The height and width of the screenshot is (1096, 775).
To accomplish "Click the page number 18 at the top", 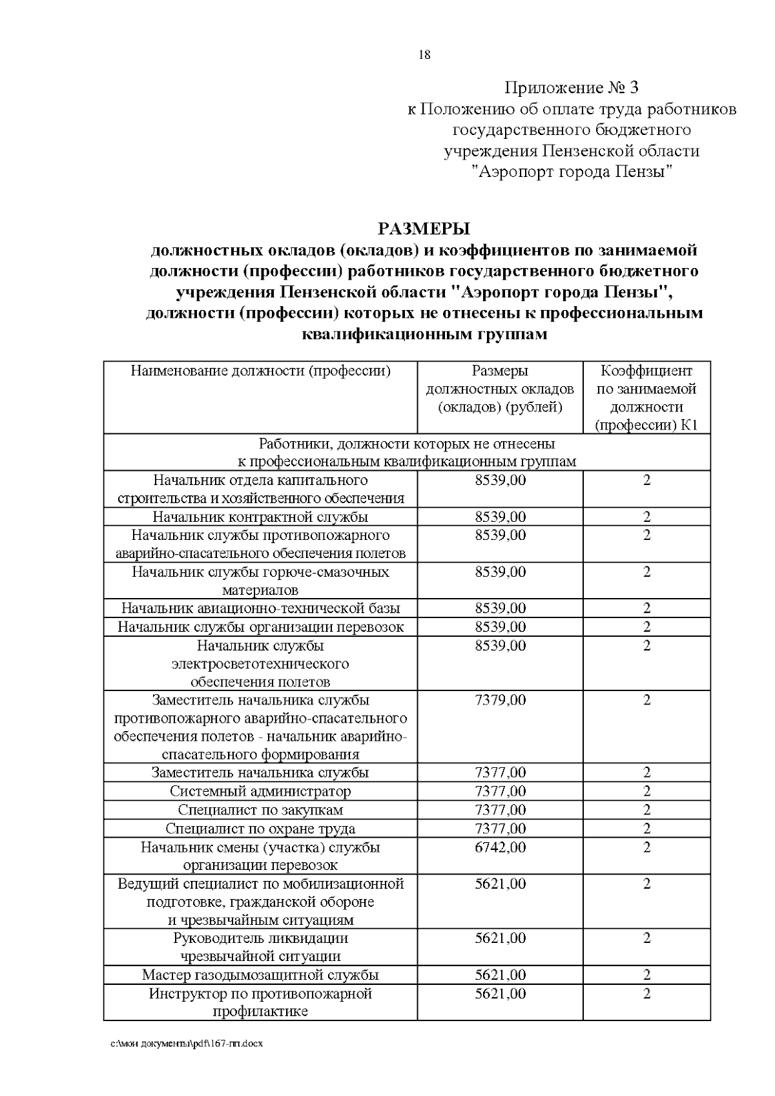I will [x=424, y=55].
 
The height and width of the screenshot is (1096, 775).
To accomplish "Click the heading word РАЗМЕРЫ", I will [x=424, y=229].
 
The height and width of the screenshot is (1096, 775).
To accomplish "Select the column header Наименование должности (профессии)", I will [x=260, y=371].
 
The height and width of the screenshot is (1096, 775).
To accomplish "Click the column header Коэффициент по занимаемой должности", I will [x=646, y=398].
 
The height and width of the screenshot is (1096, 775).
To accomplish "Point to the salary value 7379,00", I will [x=501, y=701].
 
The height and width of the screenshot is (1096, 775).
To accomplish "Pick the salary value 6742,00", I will [x=501, y=847].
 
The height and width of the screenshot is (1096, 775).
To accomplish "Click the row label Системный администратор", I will [x=260, y=792].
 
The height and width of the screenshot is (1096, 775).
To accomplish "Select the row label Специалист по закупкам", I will [x=260, y=810].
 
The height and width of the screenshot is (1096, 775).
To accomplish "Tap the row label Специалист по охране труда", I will [x=260, y=829].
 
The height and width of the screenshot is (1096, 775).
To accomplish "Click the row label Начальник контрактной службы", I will [x=260, y=517].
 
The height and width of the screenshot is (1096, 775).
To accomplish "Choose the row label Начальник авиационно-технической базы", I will [x=260, y=608].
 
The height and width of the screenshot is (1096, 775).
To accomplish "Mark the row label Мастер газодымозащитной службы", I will [x=260, y=975].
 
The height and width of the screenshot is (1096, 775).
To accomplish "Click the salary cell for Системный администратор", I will [x=501, y=792].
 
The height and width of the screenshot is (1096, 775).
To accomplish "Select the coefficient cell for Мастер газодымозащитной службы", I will [x=646, y=975].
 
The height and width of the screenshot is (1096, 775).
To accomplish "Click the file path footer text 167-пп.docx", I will [x=187, y=1062].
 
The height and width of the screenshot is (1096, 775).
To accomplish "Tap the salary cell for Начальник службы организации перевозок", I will [x=501, y=627].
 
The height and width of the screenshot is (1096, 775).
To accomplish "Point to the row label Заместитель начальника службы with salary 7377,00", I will [x=260, y=773].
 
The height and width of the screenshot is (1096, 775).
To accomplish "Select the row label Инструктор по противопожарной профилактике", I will [x=260, y=1002].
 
